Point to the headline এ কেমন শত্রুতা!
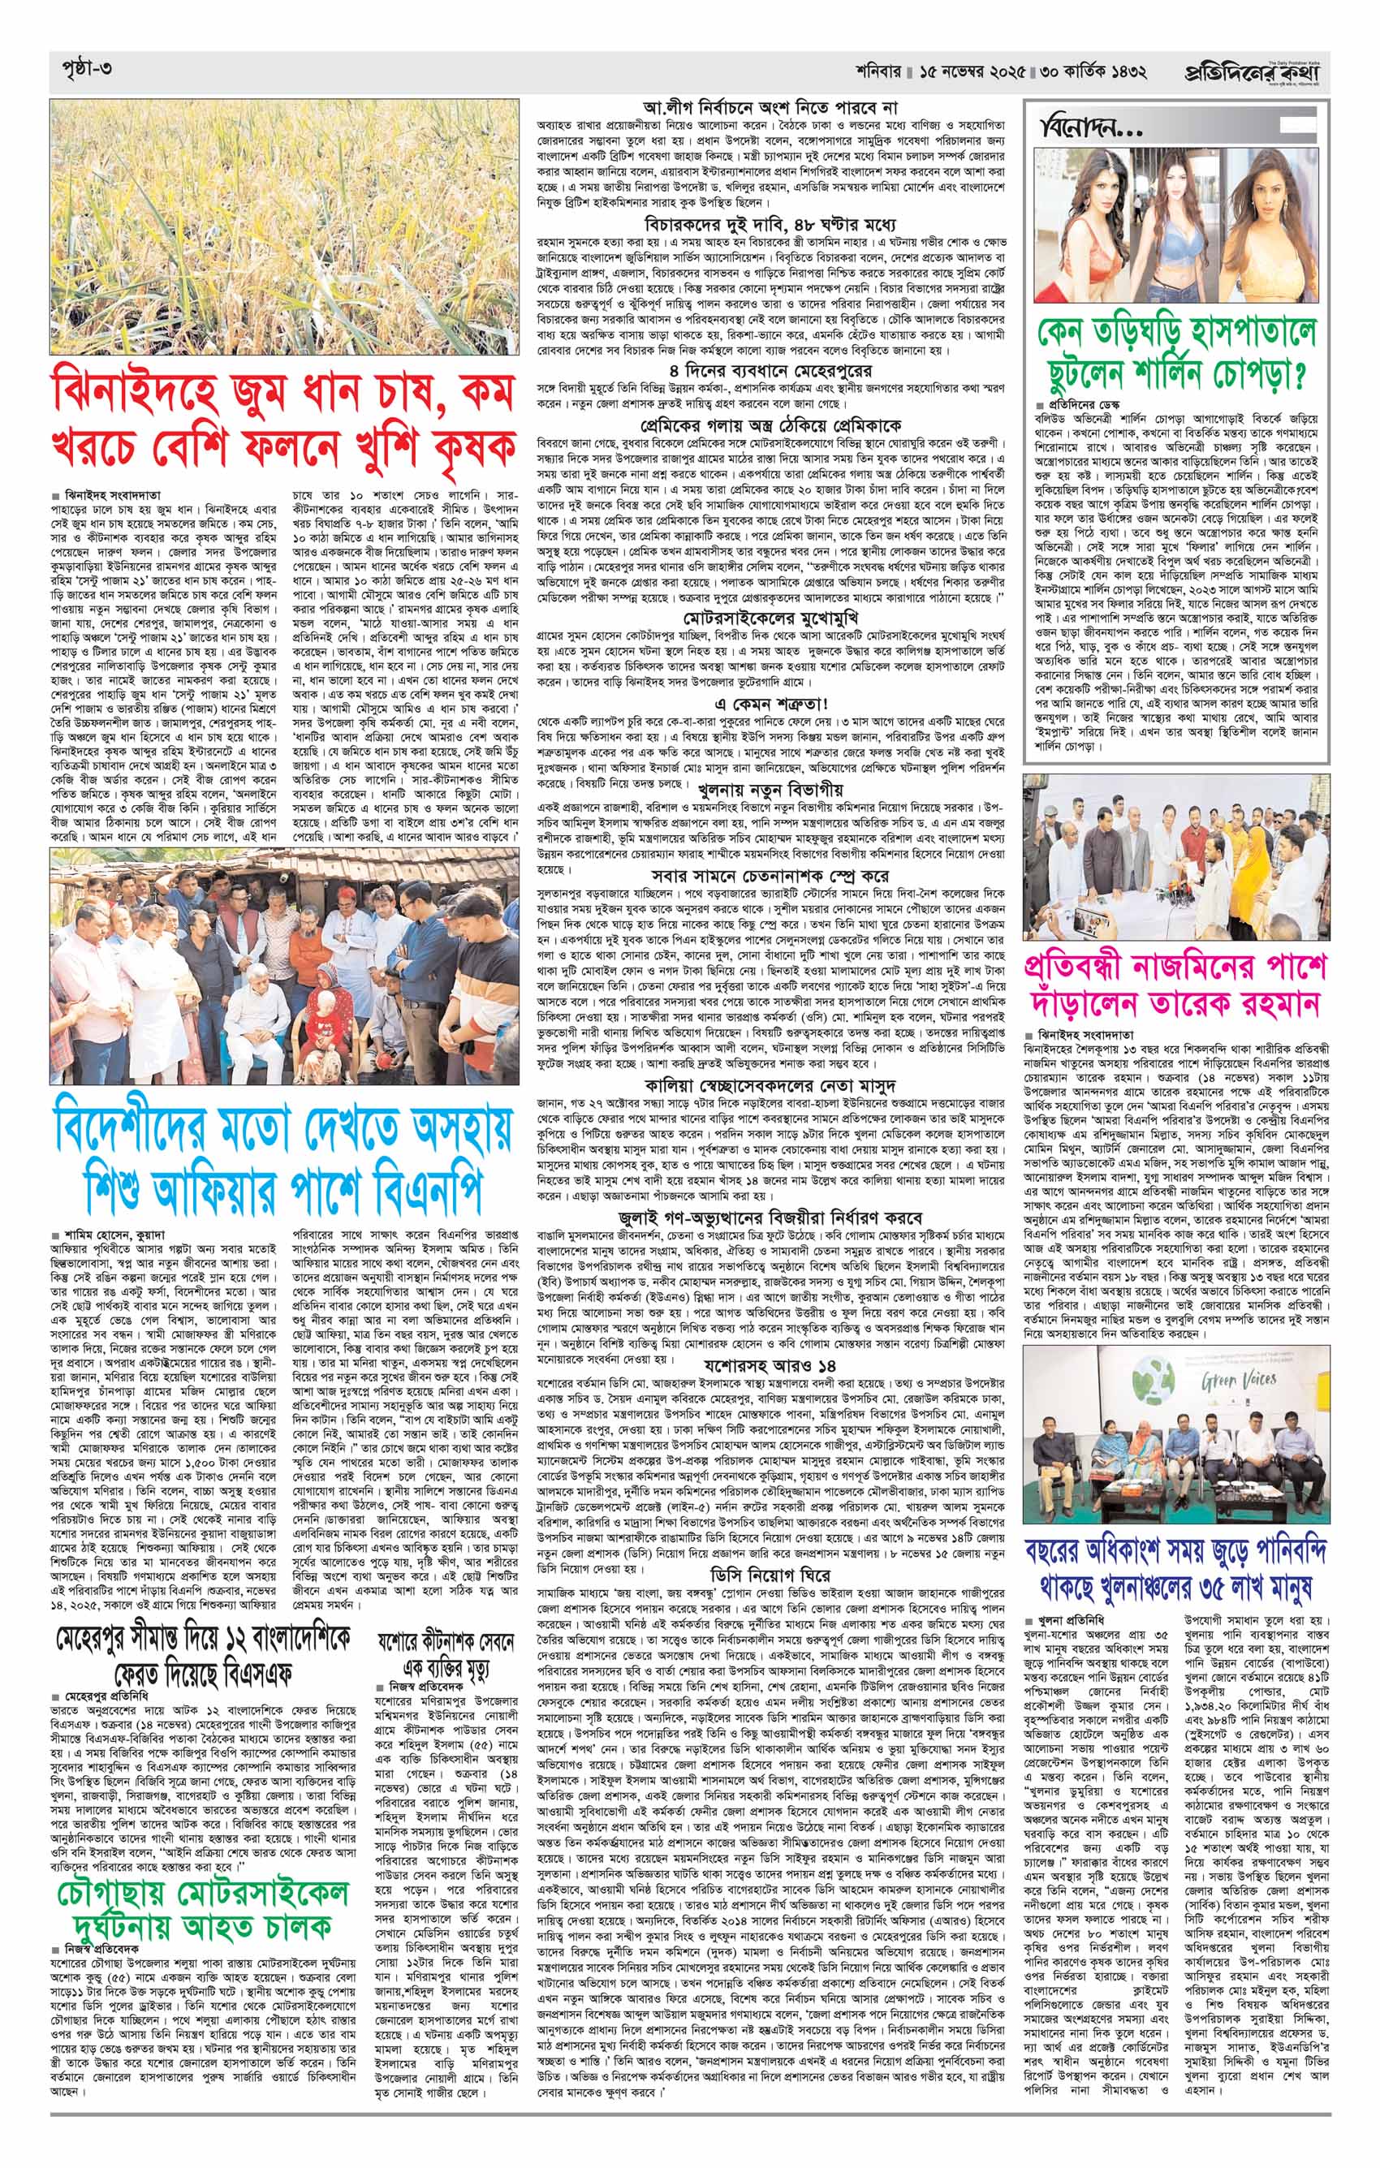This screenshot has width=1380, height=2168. coord(762,701)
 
